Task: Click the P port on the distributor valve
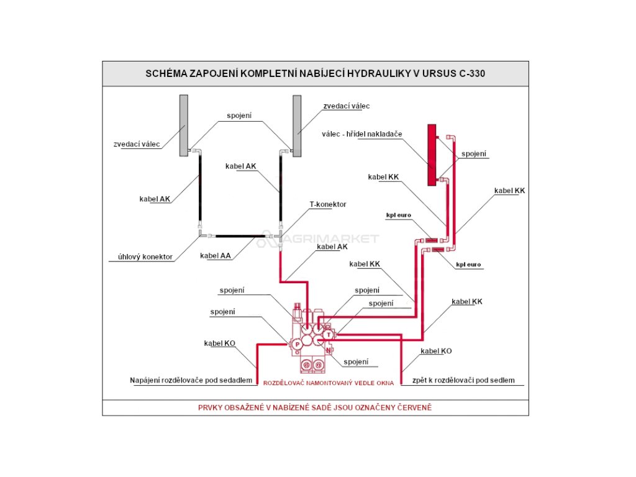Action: [x=298, y=343]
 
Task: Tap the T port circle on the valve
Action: [x=329, y=335]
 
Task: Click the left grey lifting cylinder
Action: [x=184, y=125]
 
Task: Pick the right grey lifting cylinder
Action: [x=297, y=125]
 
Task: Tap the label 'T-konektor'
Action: [x=328, y=204]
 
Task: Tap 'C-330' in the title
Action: [x=472, y=73]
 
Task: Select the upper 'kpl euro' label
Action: [x=399, y=215]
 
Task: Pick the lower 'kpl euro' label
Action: [x=468, y=265]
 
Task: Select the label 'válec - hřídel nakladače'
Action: [x=362, y=134]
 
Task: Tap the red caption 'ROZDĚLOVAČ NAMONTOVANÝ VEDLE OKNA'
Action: [x=329, y=383]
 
